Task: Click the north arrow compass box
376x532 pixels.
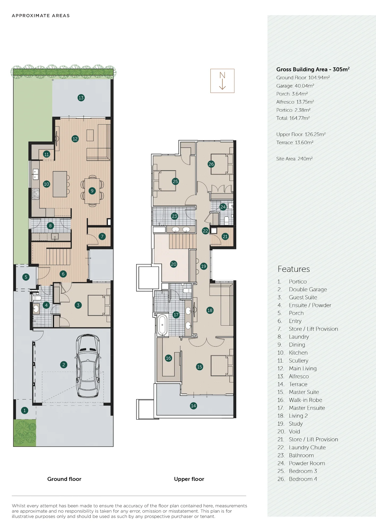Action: click(222, 81)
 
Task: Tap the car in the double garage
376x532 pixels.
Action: click(89, 366)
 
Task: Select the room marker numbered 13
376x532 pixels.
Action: click(81, 98)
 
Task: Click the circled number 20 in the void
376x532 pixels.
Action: click(174, 264)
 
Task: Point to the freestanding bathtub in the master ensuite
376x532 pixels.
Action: click(162, 325)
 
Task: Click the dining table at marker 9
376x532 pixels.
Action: click(92, 191)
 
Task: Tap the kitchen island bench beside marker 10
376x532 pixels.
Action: click(60, 184)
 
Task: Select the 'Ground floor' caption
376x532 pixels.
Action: click(64, 479)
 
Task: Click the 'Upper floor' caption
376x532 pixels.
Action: click(189, 479)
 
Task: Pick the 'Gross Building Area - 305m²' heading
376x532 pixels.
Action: click(313, 69)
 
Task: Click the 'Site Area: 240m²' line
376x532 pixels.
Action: click(294, 159)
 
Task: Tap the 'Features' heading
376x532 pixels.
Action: click(294, 269)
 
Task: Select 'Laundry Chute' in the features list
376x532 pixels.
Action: click(307, 447)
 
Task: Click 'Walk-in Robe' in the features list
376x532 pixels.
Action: click(306, 400)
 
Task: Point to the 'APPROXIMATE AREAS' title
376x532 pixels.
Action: click(41, 16)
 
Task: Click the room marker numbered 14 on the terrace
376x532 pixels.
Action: click(193, 406)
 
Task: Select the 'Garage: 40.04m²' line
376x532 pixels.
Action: click(295, 86)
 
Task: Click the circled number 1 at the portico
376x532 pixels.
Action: click(24, 410)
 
